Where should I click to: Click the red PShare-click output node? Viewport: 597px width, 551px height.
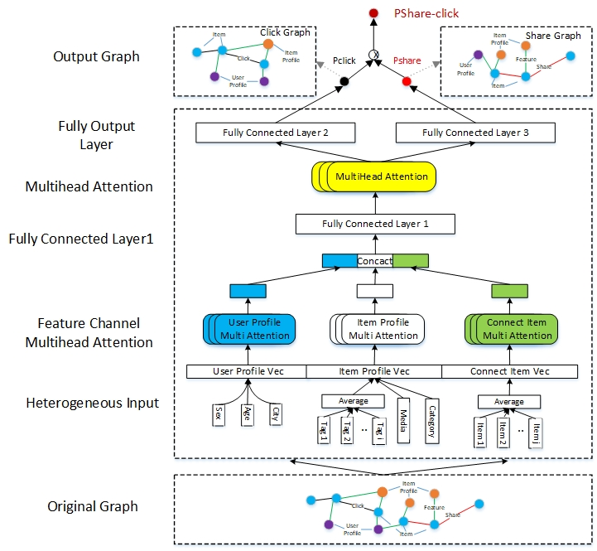pos(373,13)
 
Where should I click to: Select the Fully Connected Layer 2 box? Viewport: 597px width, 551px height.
pos(276,133)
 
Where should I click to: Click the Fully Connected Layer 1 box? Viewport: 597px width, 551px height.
pos(375,224)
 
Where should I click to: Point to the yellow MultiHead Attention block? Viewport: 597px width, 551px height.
pos(378,176)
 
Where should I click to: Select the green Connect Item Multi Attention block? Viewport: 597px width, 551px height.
pos(516,329)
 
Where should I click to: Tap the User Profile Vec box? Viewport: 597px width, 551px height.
pos(246,371)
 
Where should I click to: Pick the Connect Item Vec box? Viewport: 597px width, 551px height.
pos(509,371)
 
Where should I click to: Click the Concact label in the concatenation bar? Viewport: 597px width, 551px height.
pos(374,261)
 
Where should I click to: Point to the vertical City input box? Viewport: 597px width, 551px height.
pos(274,412)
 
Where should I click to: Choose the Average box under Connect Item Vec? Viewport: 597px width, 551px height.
pos(508,402)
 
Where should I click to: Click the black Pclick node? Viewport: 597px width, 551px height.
pos(343,81)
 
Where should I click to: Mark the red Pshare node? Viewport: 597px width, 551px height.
pos(407,81)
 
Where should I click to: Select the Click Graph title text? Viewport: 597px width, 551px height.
pos(285,32)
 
